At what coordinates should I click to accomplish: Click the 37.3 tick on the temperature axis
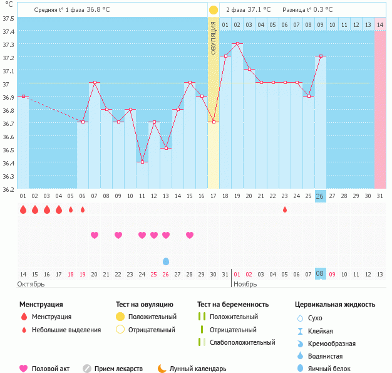8,45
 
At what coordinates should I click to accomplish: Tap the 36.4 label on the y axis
8,163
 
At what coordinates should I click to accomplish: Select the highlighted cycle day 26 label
320,196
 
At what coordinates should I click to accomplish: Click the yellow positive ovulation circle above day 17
213,10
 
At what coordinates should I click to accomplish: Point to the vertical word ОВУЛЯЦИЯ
213,38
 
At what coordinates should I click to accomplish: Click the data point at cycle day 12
154,122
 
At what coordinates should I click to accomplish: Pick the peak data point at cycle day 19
237,44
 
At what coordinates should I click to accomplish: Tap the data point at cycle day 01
23,96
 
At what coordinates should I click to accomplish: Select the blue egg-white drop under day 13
166,261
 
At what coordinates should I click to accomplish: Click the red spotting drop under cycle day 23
285,209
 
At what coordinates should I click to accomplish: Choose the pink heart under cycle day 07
95,235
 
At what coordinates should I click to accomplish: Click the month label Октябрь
31,285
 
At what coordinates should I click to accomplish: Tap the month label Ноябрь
245,285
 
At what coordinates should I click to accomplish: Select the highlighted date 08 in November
320,274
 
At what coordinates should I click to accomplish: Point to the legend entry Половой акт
45,369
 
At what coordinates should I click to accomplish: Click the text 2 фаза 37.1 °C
249,10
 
